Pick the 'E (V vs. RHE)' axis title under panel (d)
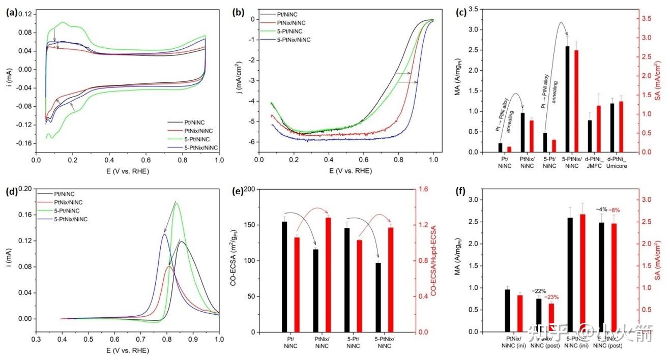pyautogui.click(x=127, y=350)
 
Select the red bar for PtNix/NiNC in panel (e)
pyautogui.click(x=328, y=275)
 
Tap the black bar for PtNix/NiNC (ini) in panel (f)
pyautogui.click(x=507, y=310)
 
